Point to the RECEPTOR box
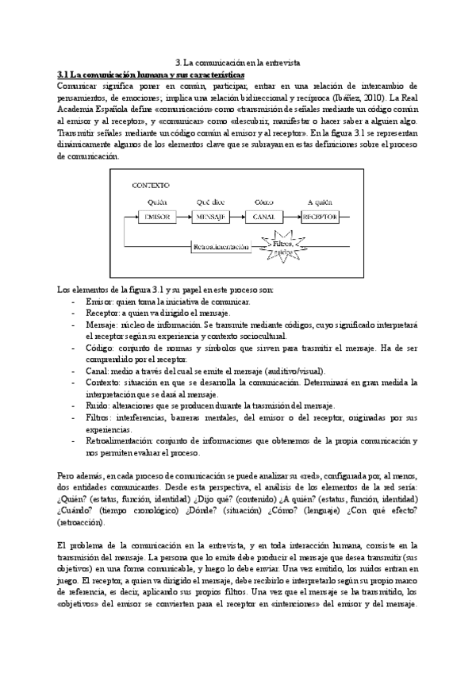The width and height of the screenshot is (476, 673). (321, 217)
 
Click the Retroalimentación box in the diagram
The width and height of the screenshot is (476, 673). (221, 247)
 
